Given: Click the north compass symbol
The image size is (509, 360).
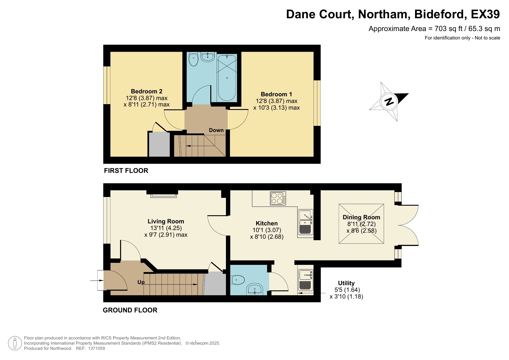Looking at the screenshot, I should pyautogui.click(x=389, y=102).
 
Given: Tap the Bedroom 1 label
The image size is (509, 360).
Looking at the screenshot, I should pyautogui.click(x=276, y=94).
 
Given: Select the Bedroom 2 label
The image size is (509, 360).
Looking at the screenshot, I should pyautogui.click(x=146, y=91).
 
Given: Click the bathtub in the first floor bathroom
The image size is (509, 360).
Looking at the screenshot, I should pyautogui.click(x=227, y=78).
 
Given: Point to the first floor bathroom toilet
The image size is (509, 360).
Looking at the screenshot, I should pyautogui.click(x=193, y=59).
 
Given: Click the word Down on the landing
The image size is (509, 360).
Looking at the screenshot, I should pyautogui.click(x=216, y=130).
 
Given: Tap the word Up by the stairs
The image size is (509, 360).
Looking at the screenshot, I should pyautogui.click(x=141, y=282).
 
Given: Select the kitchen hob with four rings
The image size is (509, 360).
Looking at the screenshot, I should pyautogui.click(x=278, y=198).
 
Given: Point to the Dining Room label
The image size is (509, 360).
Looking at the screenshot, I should pyautogui.click(x=361, y=217).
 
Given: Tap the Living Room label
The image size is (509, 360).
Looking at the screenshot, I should pyautogui.click(x=166, y=221).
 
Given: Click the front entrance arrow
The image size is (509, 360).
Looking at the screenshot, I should pyautogui.click(x=97, y=281).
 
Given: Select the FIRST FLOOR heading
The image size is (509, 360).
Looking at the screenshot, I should pyautogui.click(x=126, y=171).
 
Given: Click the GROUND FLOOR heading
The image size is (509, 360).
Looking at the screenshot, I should pyautogui.click(x=130, y=310).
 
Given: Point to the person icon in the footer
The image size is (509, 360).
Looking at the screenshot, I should pyautogui.click(x=15, y=343).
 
